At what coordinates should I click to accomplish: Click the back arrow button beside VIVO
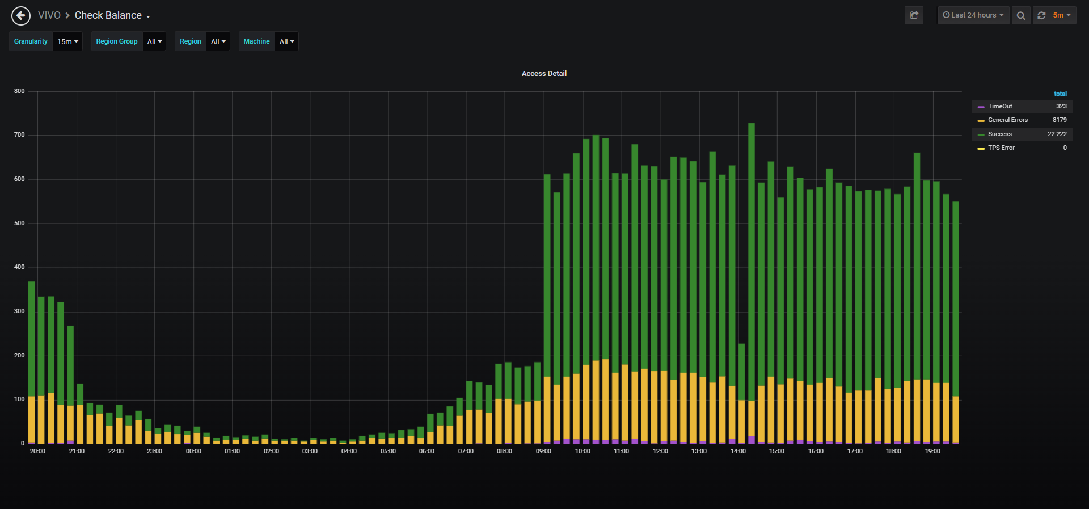[21, 15]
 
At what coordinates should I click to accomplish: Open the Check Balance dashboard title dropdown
[112, 15]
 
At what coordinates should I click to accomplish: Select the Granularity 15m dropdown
[67, 41]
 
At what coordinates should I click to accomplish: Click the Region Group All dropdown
[154, 41]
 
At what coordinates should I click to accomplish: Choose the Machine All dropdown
[286, 41]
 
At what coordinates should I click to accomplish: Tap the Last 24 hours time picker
[973, 15]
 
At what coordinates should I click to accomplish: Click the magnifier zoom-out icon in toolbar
[1021, 15]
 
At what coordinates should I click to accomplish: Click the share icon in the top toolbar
[914, 15]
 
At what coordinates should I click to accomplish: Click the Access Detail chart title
[544, 74]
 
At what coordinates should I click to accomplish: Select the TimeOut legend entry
[1000, 106]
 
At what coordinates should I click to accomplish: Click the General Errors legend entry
[1008, 120]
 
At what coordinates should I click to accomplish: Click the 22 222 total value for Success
[1057, 134]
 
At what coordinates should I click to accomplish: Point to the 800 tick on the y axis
[19, 91]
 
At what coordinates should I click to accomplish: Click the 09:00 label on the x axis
[543, 451]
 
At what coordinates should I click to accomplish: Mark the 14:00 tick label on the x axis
[738, 451]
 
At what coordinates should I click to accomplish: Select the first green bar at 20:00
[32, 339]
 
